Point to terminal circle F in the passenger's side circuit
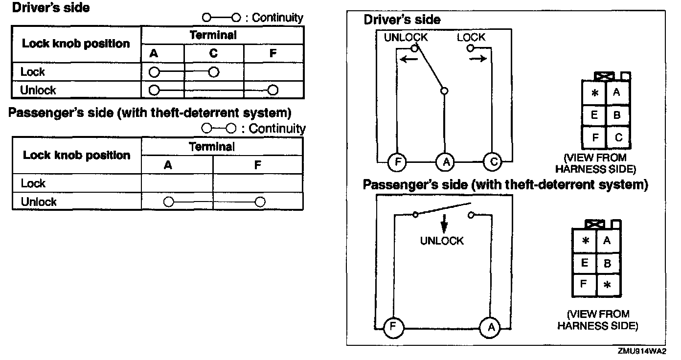[391, 327]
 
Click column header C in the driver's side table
[213, 53]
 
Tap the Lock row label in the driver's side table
[33, 72]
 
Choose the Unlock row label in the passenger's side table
[39, 202]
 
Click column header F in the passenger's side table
[258, 165]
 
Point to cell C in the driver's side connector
[618, 137]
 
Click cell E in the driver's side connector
[595, 115]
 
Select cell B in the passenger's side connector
[608, 264]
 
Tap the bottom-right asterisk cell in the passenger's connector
[608, 285]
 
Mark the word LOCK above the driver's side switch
[471, 37]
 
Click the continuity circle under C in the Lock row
[213, 72]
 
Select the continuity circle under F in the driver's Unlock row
[273, 90]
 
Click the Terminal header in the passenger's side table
[212, 146]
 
